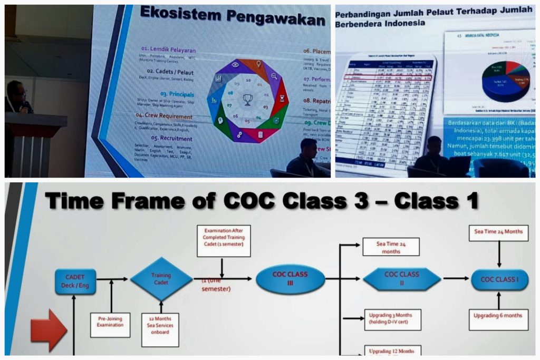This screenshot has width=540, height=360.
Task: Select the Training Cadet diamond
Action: click(x=161, y=279)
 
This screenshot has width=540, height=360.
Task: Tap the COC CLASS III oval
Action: click(x=290, y=279)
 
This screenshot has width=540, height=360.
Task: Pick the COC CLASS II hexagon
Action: click(x=402, y=278)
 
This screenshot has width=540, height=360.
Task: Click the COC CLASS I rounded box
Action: click(x=499, y=279)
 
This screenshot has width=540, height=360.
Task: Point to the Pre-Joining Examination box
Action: click(x=111, y=322)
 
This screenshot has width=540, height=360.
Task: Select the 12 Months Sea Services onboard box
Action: click(x=160, y=329)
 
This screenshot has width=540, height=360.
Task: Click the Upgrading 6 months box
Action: click(x=498, y=316)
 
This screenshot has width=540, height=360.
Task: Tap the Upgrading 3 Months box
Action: click(x=392, y=319)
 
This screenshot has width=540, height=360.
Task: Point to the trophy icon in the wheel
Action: click(x=247, y=100)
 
